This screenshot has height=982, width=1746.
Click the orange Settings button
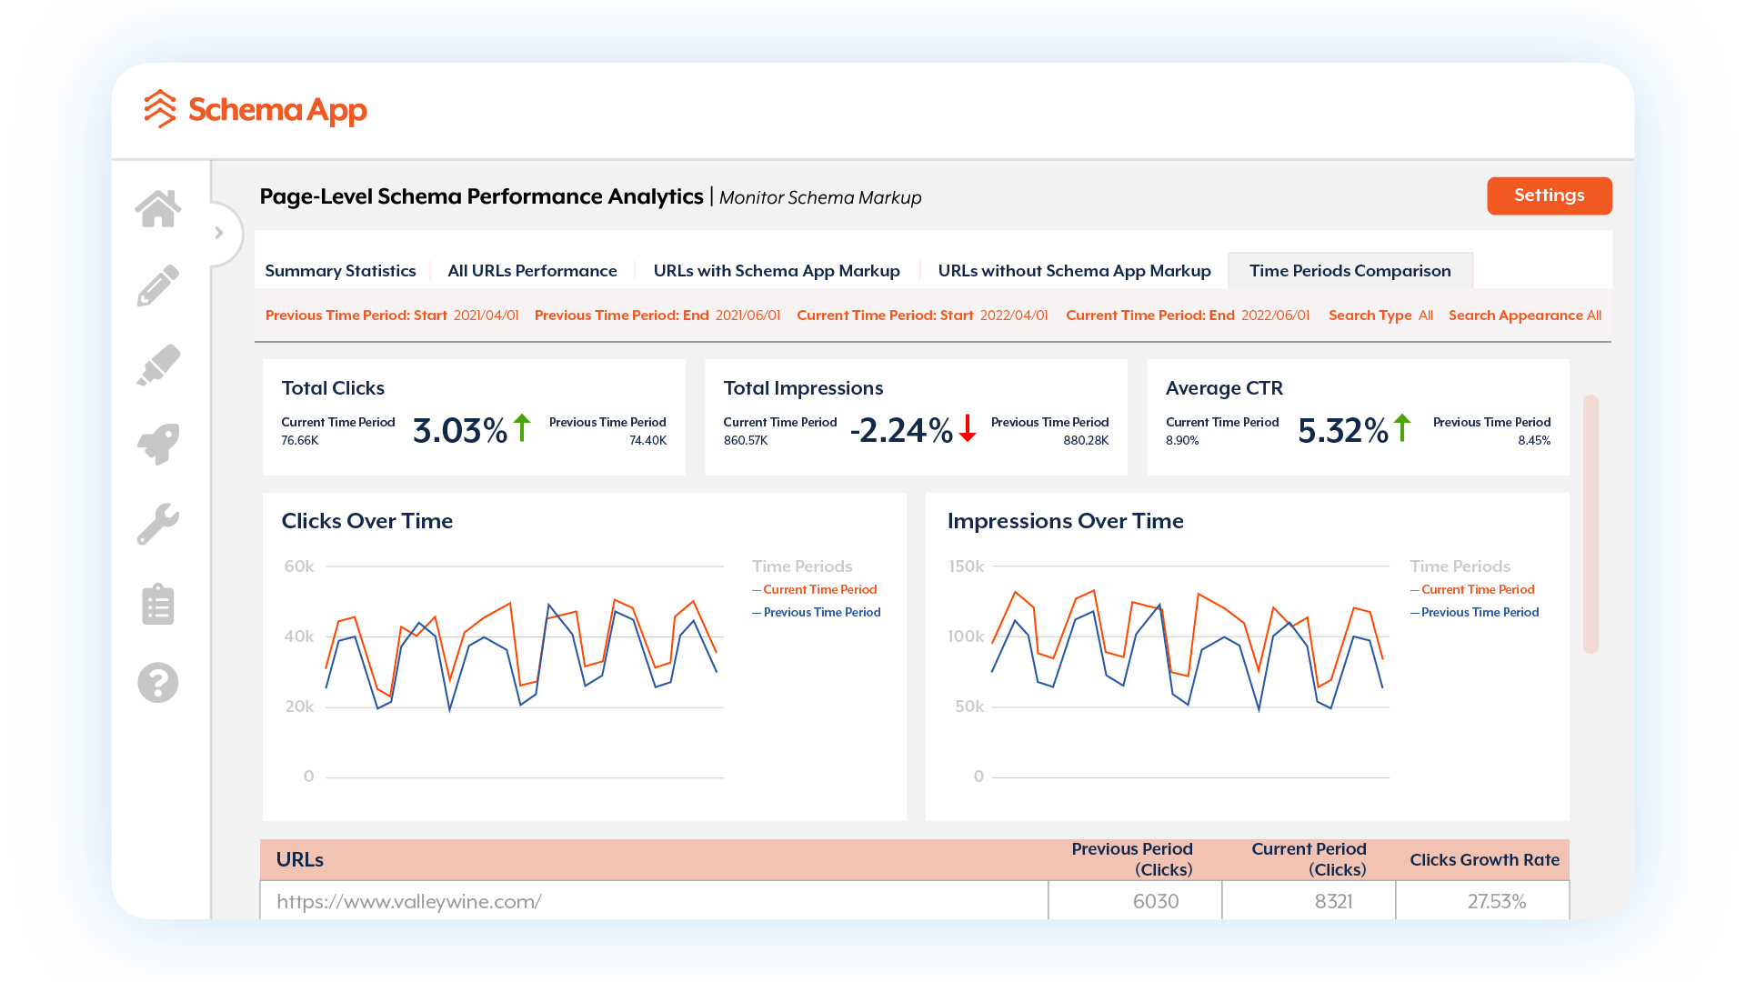point(1549,195)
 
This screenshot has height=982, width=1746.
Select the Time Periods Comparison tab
point(1350,271)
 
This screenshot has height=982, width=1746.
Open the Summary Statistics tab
point(340,271)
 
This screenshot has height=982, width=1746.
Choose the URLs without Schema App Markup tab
point(1074,271)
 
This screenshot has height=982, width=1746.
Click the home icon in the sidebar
point(158,209)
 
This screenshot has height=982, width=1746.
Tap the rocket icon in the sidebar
point(158,445)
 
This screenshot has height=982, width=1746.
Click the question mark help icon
point(158,682)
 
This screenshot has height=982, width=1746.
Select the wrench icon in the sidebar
point(158,524)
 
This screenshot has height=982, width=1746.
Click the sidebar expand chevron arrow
point(219,233)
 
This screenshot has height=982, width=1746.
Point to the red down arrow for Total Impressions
point(968,428)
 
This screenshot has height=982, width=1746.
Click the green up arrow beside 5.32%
point(1402,428)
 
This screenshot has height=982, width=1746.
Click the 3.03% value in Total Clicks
point(459,431)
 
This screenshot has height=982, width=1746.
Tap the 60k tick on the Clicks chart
point(299,566)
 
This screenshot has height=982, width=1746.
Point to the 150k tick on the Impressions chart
point(966,566)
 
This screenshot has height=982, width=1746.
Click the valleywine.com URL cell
point(409,901)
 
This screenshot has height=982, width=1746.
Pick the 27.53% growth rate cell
point(1496,901)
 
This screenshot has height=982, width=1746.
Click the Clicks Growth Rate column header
point(1484,860)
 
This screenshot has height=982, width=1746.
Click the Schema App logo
point(256,110)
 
